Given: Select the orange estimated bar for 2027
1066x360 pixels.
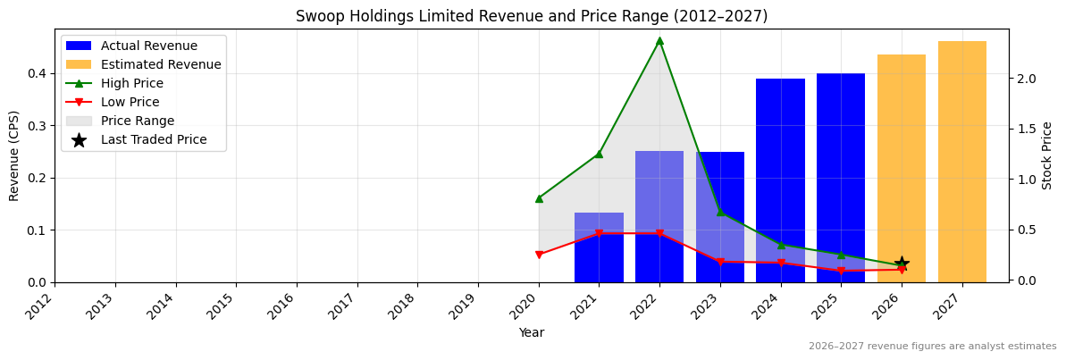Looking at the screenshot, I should click(962, 162).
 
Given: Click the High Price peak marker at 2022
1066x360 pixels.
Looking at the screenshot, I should click(659, 41).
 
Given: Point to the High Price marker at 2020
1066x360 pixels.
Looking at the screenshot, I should click(539, 198).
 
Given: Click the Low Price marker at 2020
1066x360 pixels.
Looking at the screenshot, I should click(539, 255).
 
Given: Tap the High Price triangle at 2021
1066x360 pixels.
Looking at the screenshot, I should click(599, 154).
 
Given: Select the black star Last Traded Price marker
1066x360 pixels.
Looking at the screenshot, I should click(902, 264).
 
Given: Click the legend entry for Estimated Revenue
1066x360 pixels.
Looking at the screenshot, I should click(161, 64).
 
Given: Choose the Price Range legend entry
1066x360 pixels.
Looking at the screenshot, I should click(138, 121).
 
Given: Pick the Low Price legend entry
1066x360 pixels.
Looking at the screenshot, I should click(131, 102).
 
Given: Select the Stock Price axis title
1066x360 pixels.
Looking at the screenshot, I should click(1047, 155).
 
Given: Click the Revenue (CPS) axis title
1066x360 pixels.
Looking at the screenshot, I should click(14, 155).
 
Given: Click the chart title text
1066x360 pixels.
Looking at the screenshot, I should click(532, 16).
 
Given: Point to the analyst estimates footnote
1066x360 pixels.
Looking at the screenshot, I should click(932, 347).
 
